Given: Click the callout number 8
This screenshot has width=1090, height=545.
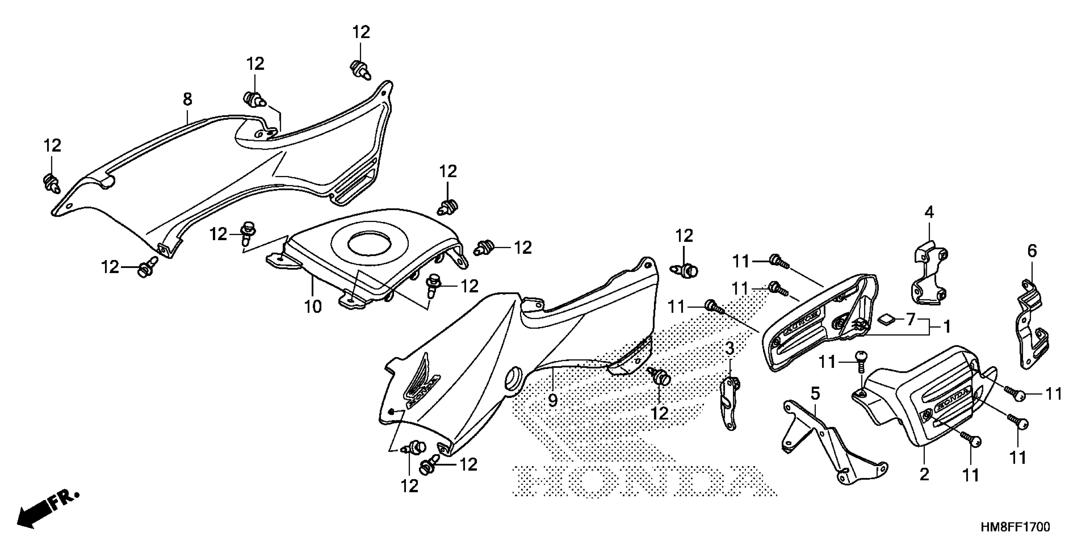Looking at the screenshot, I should [x=188, y=99].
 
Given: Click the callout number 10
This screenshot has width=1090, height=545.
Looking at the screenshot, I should [x=313, y=306].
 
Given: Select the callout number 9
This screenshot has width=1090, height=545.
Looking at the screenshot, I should [x=553, y=400].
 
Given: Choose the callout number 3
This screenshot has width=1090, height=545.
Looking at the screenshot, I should [x=730, y=349].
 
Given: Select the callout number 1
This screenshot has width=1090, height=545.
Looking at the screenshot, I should [x=947, y=327].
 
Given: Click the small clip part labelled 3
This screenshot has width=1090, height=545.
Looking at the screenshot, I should [x=729, y=400].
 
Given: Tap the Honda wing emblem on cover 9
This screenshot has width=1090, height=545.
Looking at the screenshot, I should [x=421, y=381].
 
